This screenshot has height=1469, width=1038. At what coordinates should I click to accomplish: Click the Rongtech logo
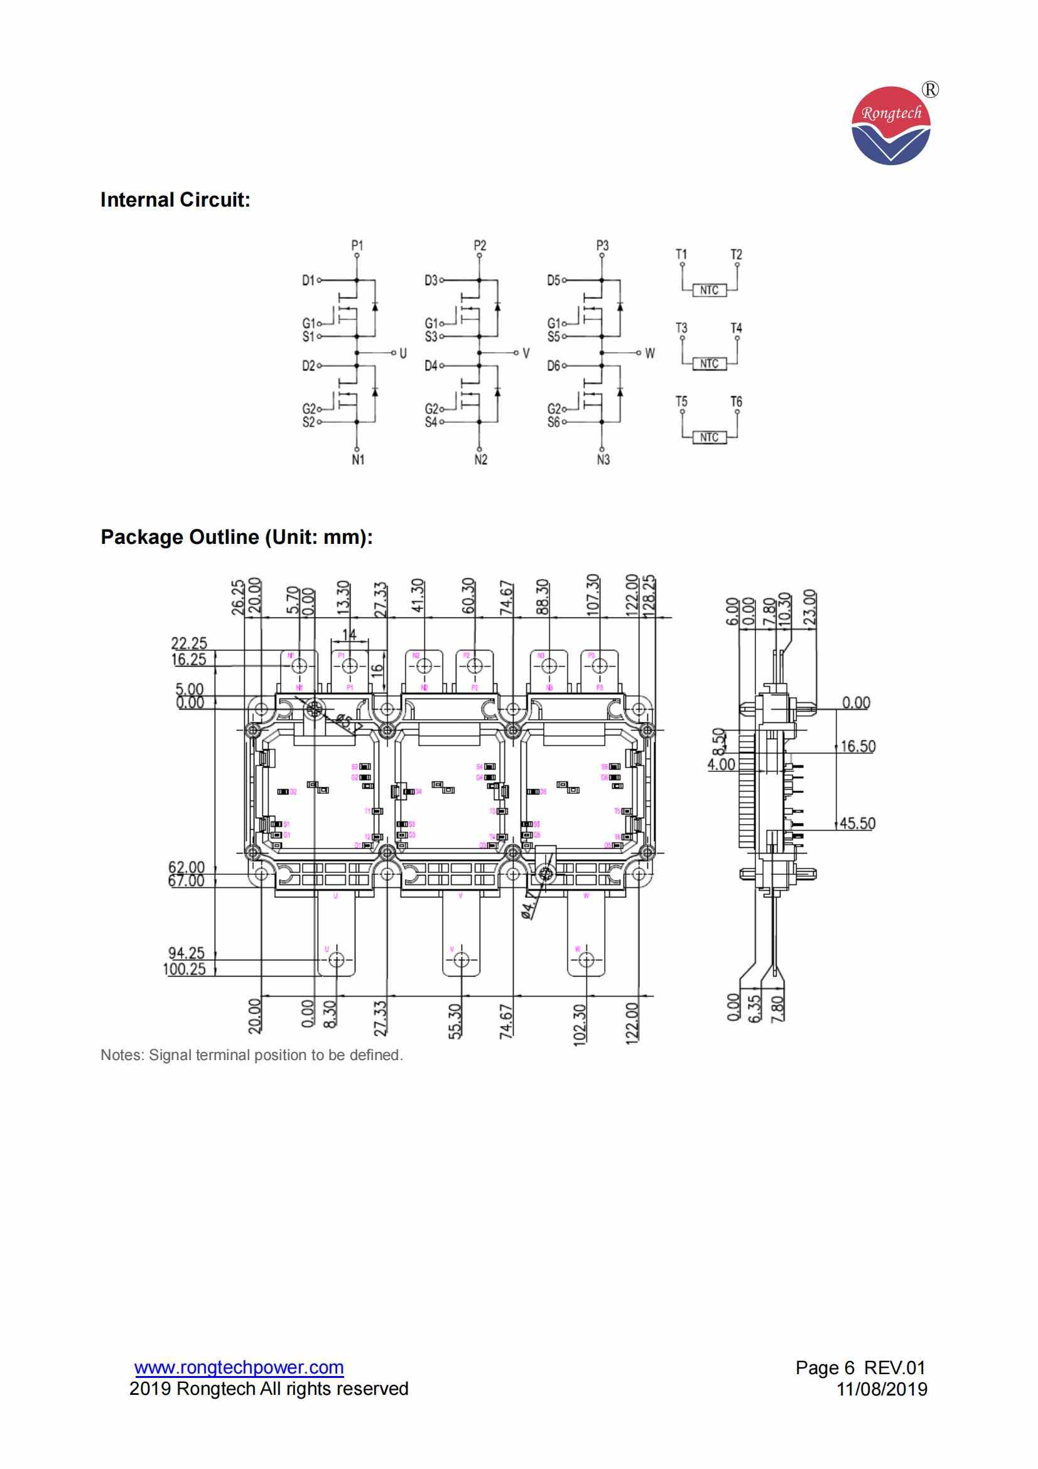click(891, 126)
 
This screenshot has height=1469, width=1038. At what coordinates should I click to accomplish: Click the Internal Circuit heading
click(175, 200)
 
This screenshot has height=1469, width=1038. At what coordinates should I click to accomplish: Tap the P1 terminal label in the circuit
click(357, 245)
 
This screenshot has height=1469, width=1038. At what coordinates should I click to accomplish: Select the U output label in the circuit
click(403, 353)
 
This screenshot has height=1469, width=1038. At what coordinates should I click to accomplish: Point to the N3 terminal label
click(603, 459)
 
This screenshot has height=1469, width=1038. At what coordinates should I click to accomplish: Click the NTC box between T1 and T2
click(708, 291)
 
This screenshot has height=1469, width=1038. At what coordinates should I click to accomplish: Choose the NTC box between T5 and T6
click(708, 438)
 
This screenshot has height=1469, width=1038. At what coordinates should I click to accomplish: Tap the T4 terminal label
click(736, 328)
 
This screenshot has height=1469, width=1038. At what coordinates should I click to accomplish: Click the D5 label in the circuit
click(553, 280)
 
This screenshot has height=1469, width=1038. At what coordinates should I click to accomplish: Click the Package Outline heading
click(237, 537)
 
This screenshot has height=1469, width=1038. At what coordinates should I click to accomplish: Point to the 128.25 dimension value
click(649, 595)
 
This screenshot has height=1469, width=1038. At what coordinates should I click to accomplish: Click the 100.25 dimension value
click(185, 968)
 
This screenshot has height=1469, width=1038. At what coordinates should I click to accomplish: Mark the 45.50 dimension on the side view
click(857, 823)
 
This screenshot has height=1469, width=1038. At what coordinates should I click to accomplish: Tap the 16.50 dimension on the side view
click(858, 746)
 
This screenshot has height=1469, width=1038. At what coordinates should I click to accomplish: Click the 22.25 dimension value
click(189, 644)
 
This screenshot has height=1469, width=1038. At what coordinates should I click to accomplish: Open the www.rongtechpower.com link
click(239, 1368)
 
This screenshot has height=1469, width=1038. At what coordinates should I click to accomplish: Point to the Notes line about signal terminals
click(251, 1055)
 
